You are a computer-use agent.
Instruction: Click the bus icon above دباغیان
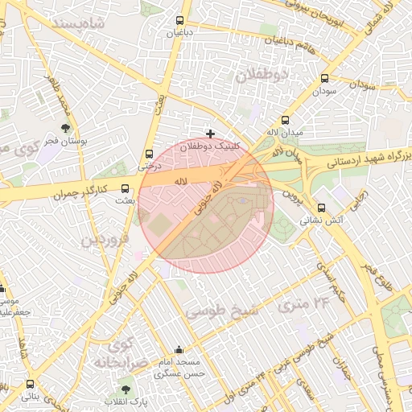tap(178, 21)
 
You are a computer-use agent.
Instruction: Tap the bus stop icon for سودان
tap(325, 79)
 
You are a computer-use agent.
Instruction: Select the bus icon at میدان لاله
tap(285, 120)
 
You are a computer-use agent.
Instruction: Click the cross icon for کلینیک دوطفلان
tap(211, 134)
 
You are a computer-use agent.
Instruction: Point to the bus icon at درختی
tap(149, 154)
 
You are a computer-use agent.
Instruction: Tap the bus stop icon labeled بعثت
tap(124, 188)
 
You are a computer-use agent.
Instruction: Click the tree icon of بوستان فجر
tap(65, 127)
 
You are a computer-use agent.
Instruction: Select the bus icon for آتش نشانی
tap(322, 207)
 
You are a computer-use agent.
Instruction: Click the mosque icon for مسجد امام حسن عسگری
tap(179, 350)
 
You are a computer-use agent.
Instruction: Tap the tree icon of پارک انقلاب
tap(122, 389)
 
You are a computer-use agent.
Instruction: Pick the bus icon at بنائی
tap(30, 384)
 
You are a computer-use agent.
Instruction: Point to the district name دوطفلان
tap(262, 75)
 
